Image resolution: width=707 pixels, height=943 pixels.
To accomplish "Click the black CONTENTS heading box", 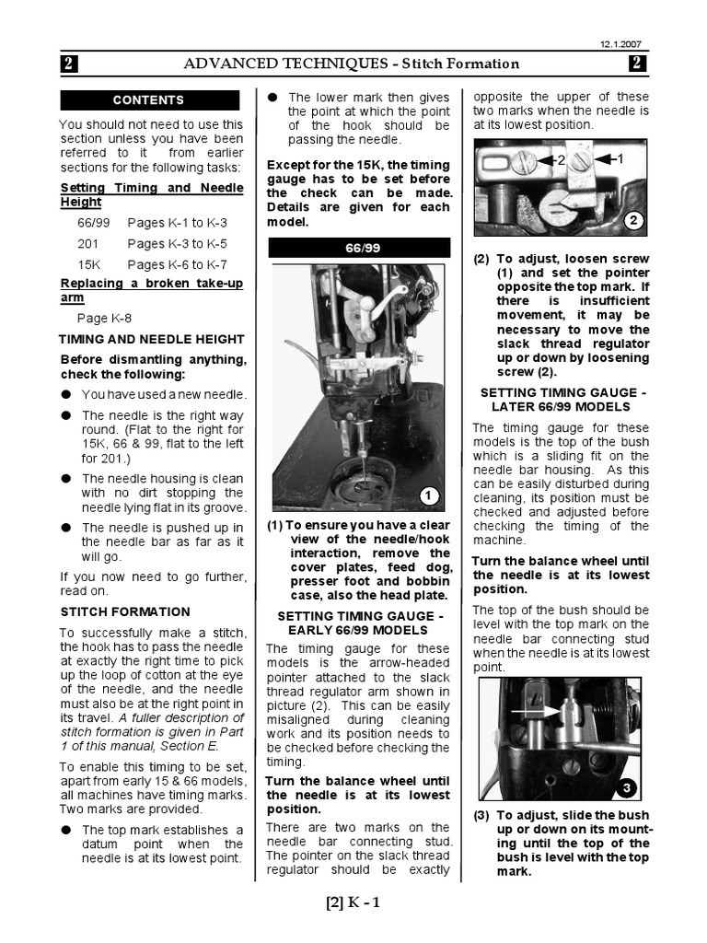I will (x=148, y=100).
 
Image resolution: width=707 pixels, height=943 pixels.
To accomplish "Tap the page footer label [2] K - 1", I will (x=353, y=902).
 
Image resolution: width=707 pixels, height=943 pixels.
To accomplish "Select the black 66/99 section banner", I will (x=359, y=248).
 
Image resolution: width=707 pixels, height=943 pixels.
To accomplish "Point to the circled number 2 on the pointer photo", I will (x=632, y=221).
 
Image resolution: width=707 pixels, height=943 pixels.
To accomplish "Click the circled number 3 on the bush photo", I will (x=625, y=788).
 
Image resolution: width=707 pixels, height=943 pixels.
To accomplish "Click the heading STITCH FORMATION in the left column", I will (x=125, y=611).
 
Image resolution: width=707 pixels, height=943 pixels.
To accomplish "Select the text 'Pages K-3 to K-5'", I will (x=177, y=244).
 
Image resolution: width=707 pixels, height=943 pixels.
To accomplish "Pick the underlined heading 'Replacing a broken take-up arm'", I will (x=152, y=290).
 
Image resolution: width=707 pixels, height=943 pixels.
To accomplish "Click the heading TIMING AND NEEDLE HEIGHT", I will (x=152, y=339).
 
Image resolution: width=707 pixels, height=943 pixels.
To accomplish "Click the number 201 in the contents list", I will (x=88, y=244).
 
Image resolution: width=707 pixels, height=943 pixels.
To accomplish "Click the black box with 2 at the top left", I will (x=71, y=64).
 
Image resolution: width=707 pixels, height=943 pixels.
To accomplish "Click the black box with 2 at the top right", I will (x=638, y=64).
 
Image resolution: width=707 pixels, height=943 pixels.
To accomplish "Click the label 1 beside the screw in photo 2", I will (x=620, y=159).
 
